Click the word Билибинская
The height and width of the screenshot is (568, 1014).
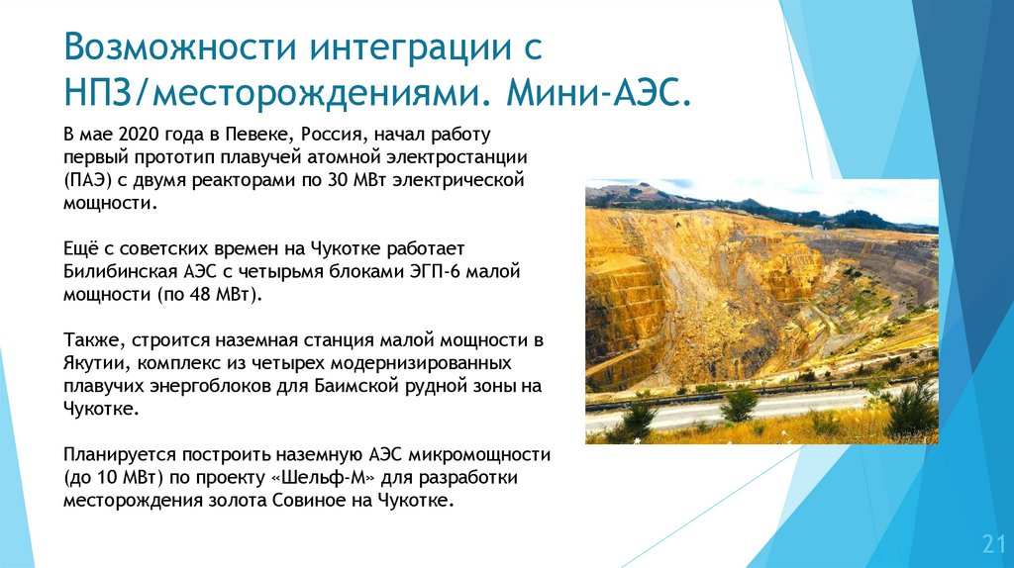120,270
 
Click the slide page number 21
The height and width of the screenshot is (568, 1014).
992,543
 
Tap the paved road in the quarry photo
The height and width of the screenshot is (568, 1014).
693,410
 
